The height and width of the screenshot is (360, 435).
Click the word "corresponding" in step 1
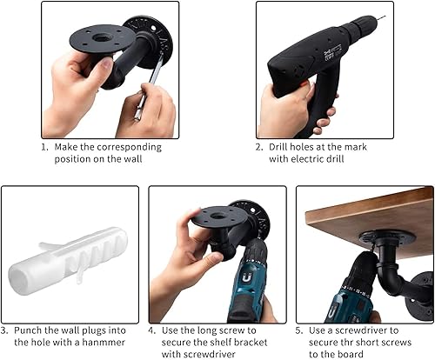coord(129,147)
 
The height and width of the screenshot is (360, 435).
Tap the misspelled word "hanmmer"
coord(104,343)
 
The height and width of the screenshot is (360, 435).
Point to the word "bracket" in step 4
coord(251,343)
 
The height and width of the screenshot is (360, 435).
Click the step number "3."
coord(4,330)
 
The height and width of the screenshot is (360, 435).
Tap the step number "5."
coord(299,330)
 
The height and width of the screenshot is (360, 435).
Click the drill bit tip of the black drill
coord(385,17)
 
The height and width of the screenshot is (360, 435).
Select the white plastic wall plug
coord(69,260)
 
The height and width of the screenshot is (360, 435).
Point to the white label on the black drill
coord(331,51)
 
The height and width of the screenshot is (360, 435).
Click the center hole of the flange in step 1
coord(101,37)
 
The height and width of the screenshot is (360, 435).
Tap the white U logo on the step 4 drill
coord(246,279)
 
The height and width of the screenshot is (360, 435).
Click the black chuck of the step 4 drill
coord(256,250)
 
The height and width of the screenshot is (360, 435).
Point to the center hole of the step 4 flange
coord(216,216)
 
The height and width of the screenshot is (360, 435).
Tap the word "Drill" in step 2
coord(278,147)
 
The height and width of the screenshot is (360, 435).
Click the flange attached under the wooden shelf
coord(387,238)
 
